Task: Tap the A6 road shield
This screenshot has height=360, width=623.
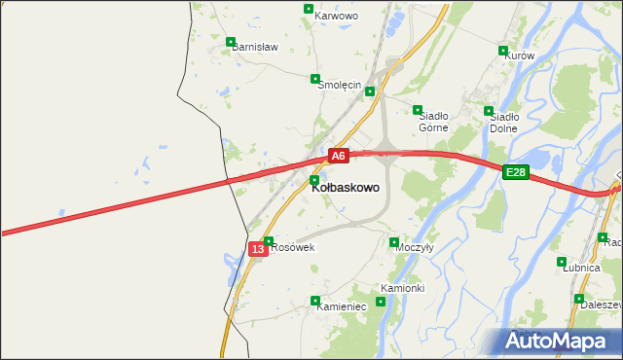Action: (338, 156)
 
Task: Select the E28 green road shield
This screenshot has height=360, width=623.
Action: (516, 172)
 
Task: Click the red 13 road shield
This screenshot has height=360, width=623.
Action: (257, 249)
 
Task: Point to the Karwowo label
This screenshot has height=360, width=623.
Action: (338, 17)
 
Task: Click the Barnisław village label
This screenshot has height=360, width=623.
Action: (255, 47)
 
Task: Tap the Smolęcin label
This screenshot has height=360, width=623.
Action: (341, 85)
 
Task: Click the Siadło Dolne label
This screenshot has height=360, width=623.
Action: (503, 122)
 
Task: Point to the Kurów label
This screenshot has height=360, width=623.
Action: (521, 55)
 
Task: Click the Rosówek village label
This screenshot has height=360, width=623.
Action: (293, 247)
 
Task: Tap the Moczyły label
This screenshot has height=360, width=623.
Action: (415, 247)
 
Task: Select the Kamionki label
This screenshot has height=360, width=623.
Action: (402, 288)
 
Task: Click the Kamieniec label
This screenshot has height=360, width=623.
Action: (341, 306)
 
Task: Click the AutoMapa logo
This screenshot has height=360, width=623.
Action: (562, 342)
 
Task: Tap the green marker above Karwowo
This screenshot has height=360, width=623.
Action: (309, 9)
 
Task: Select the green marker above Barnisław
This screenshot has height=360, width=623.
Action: (231, 42)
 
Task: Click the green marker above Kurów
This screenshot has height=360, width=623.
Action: (503, 51)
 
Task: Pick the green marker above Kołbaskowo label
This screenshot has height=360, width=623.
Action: (314, 180)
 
